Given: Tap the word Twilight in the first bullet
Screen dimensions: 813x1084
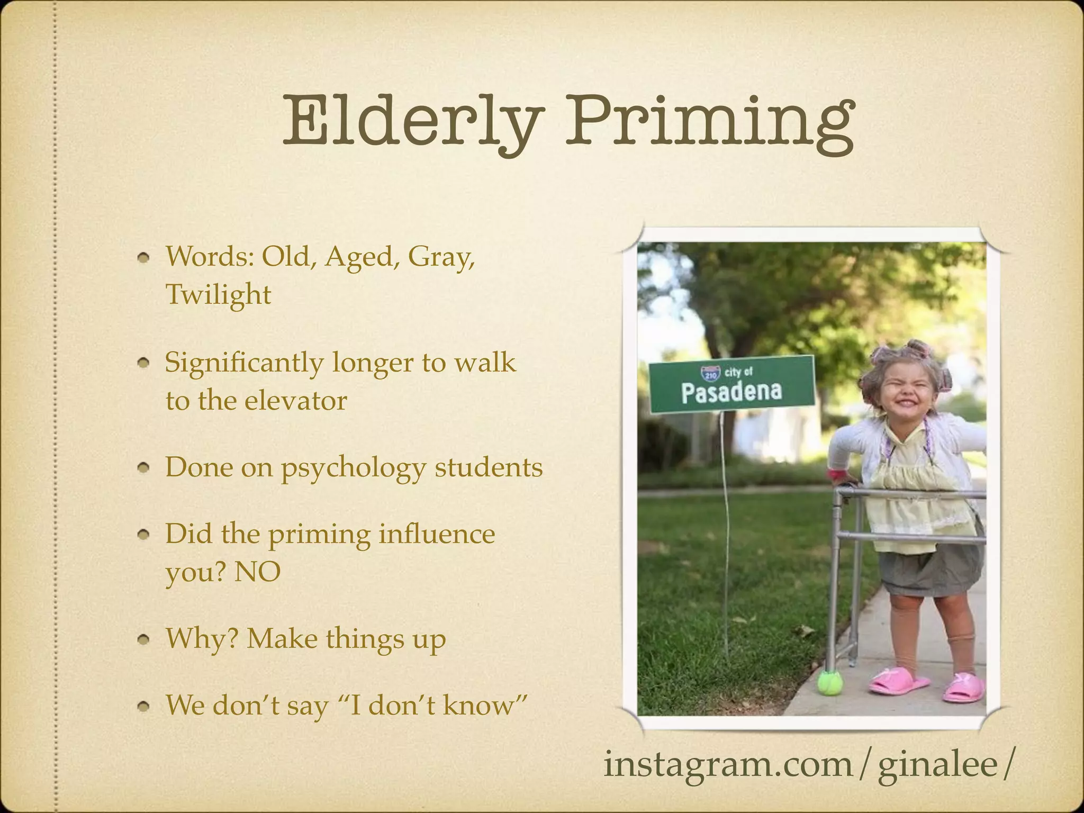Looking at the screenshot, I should tap(218, 294).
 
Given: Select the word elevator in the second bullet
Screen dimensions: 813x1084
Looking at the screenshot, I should tap(295, 400).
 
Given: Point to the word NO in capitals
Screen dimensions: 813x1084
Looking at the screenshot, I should tap(257, 572).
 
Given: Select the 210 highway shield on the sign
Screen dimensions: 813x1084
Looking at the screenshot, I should tap(710, 374).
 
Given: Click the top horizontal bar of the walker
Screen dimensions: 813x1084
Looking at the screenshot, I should tap(910, 494).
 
